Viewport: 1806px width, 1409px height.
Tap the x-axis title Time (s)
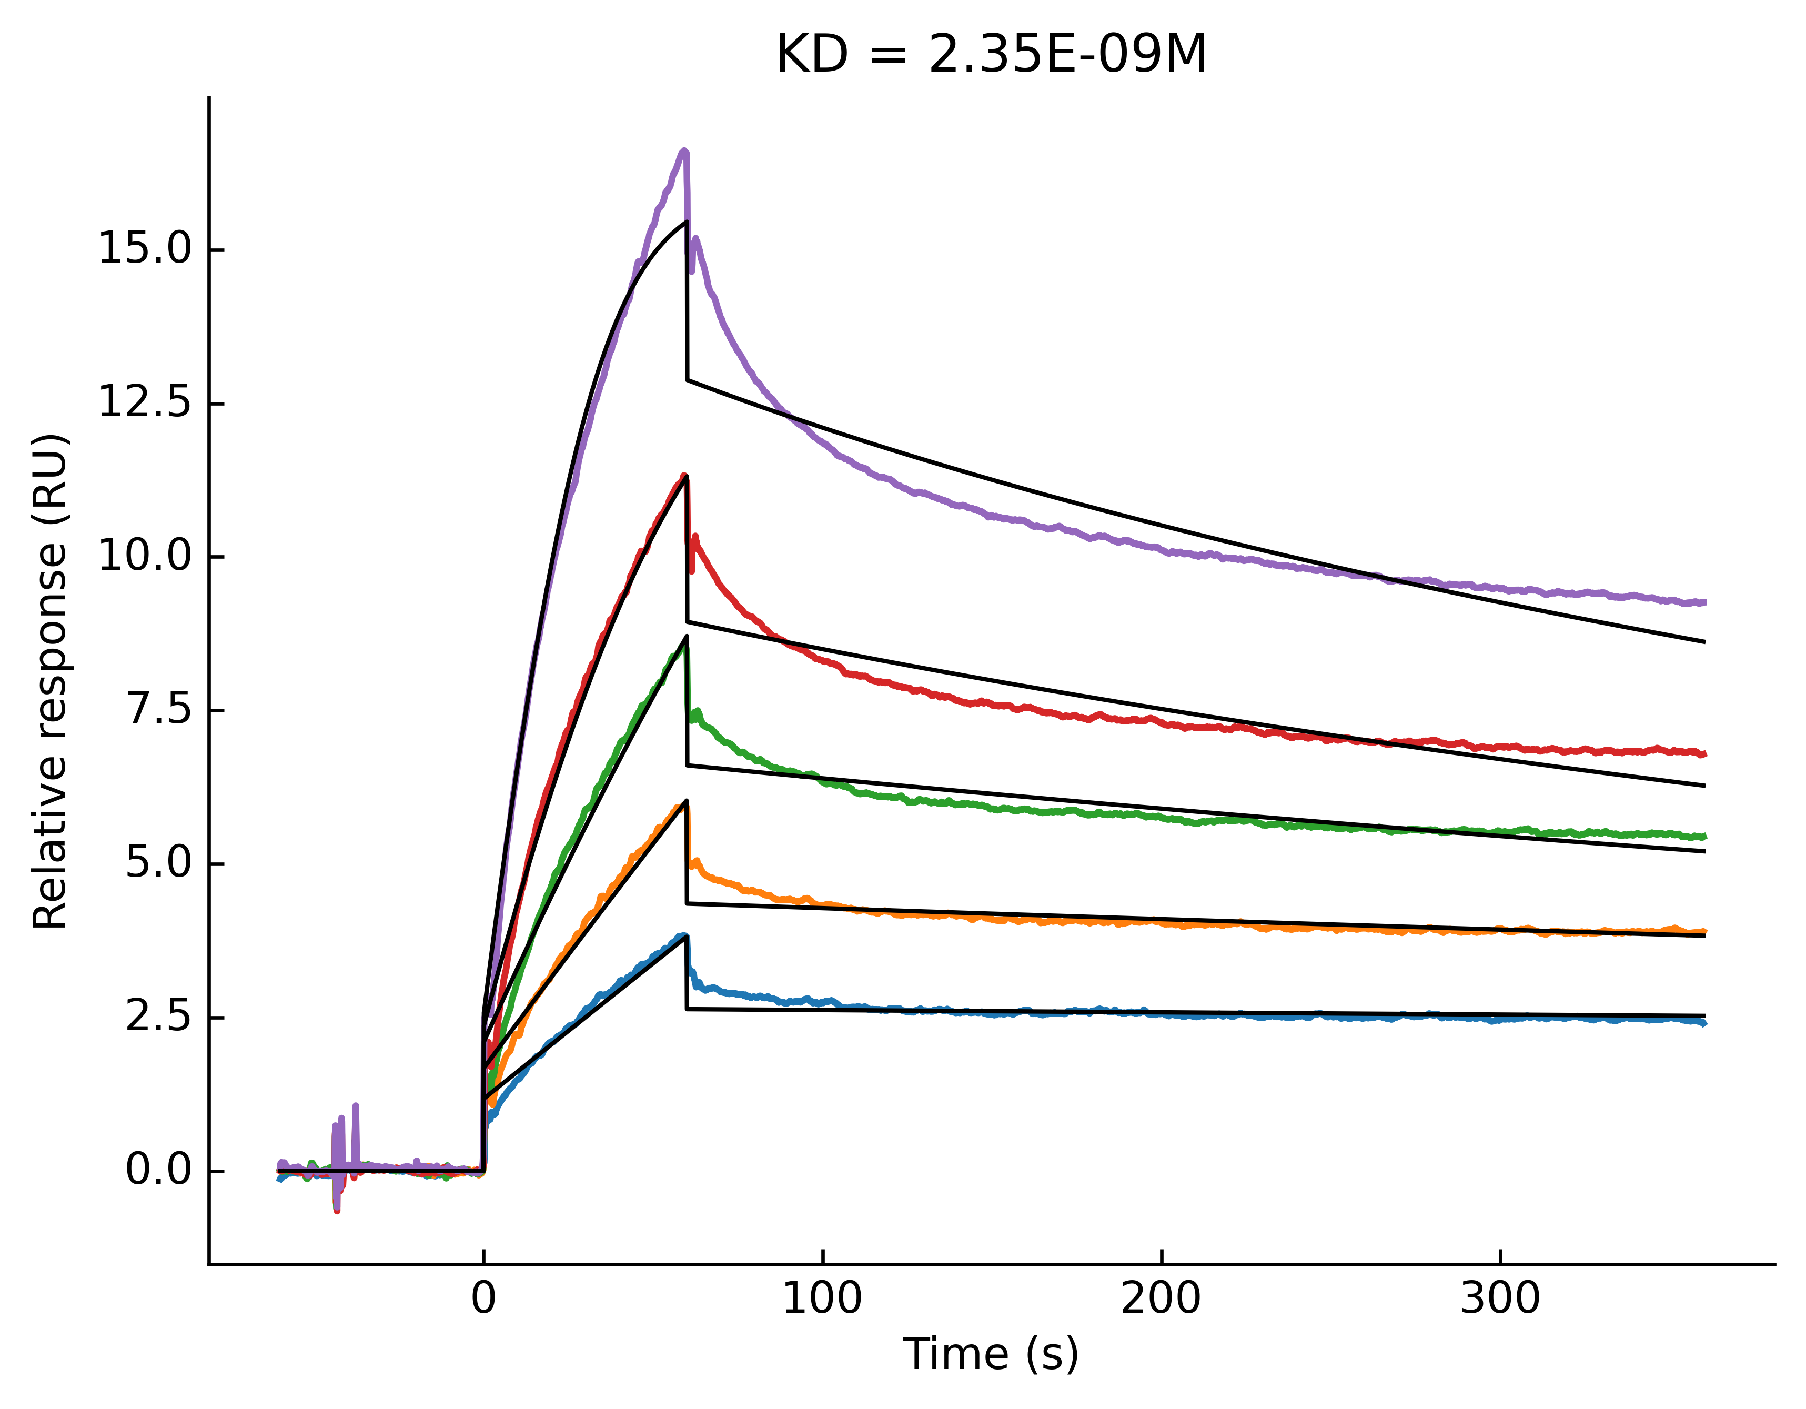click(x=991, y=1354)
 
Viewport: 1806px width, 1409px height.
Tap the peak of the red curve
click(x=684, y=476)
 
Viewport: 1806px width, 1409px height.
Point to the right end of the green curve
click(x=1703, y=836)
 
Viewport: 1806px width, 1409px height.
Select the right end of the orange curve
click(x=1703, y=932)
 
